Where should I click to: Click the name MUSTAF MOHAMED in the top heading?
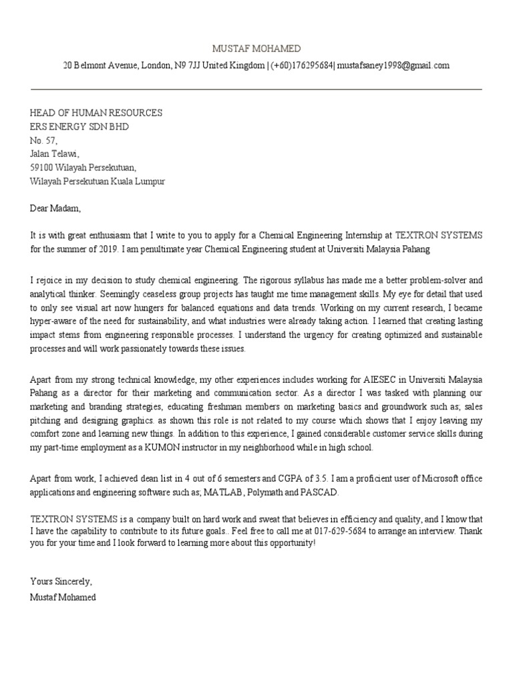click(x=256, y=49)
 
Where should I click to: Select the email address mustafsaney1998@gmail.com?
click(x=393, y=65)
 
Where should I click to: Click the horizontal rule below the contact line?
click(x=256, y=89)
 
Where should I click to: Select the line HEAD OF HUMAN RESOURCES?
click(x=96, y=113)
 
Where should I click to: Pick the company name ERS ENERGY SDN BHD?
click(x=79, y=126)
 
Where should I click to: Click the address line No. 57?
click(x=44, y=140)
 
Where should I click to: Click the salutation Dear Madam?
click(x=55, y=208)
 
